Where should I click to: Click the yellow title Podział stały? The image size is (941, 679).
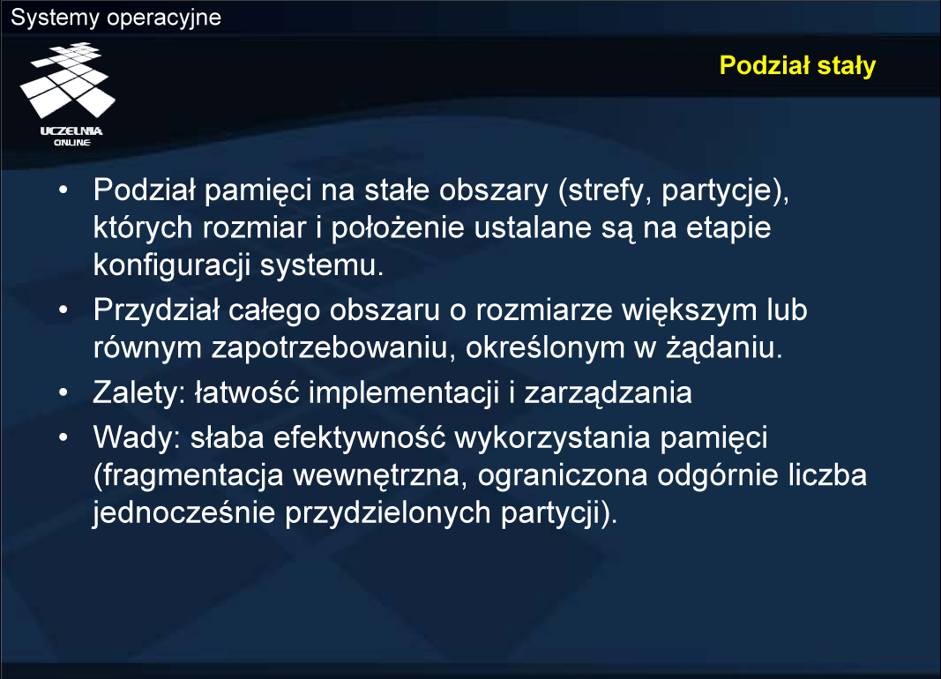tap(797, 65)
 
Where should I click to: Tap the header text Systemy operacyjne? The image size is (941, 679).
tap(116, 18)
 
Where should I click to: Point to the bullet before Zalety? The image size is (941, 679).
tap(63, 393)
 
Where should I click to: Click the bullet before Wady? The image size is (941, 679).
tap(63, 437)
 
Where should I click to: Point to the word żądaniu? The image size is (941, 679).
tap(724, 348)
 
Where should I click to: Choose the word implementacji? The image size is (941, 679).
tap(404, 393)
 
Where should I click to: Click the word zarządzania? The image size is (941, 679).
tap(608, 393)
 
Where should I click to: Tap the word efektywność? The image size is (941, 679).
tap(360, 437)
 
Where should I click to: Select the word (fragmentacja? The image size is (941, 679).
tap(189, 475)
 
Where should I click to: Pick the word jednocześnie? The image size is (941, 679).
tap(183, 513)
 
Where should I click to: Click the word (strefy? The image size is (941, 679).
tap(605, 190)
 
